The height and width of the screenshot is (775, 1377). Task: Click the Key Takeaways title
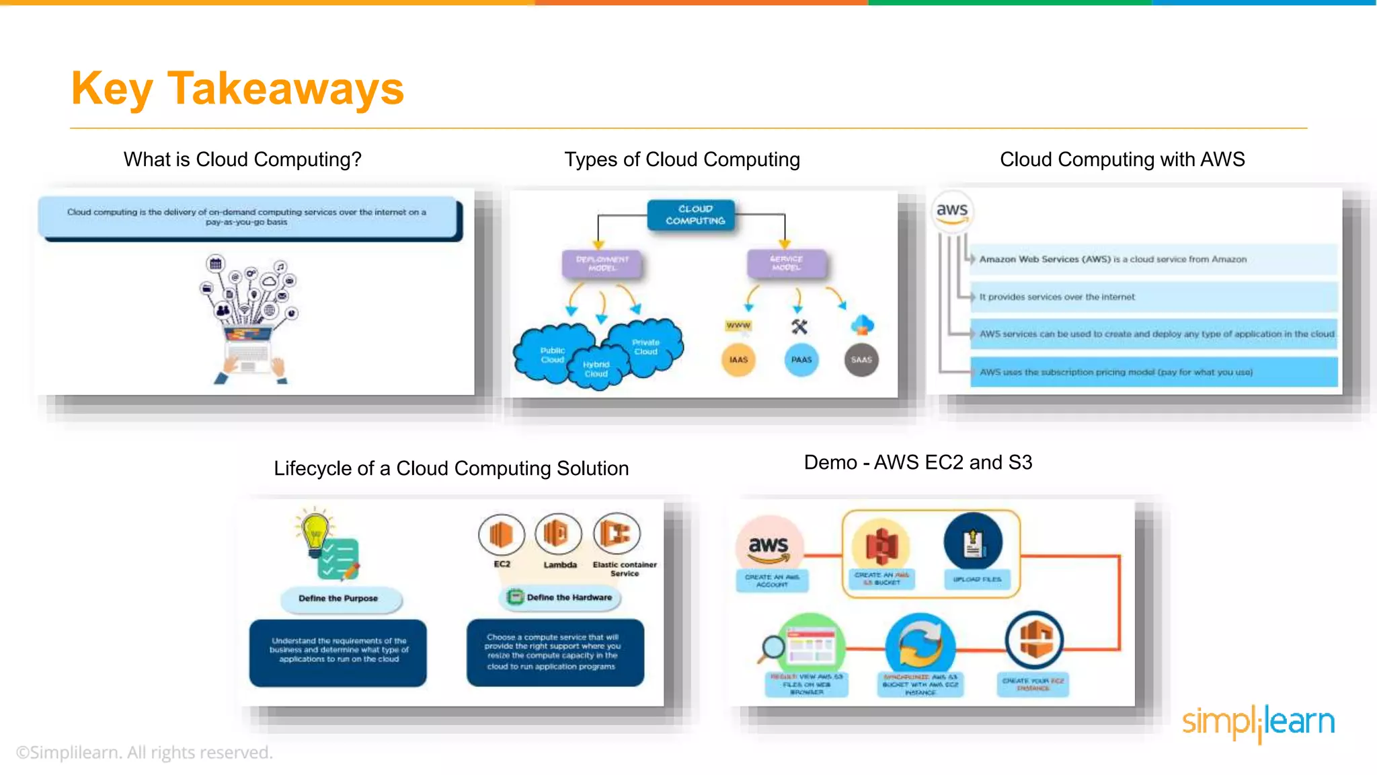237,89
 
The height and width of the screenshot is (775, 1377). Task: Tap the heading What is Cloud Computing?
242,159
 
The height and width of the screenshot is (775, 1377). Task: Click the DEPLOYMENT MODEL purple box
602,263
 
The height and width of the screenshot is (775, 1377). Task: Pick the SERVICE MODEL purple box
786,263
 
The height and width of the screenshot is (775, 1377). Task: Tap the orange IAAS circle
738,360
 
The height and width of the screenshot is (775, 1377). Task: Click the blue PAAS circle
801,360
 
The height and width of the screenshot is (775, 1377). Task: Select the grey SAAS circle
861,360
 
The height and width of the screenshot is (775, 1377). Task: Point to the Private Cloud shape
645,346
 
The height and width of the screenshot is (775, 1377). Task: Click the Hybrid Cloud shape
596,369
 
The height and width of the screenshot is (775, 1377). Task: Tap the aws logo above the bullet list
952,211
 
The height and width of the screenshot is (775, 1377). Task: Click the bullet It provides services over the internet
1056,297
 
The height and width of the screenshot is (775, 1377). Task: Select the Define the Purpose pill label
338,598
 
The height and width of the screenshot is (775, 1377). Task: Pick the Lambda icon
558,534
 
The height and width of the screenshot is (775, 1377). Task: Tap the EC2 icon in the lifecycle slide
501,535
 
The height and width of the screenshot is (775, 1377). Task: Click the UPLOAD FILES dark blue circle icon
973,542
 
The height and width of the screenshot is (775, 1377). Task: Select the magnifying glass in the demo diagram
773,648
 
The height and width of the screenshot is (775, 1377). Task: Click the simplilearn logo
1257,723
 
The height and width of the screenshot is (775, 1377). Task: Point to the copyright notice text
144,752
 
